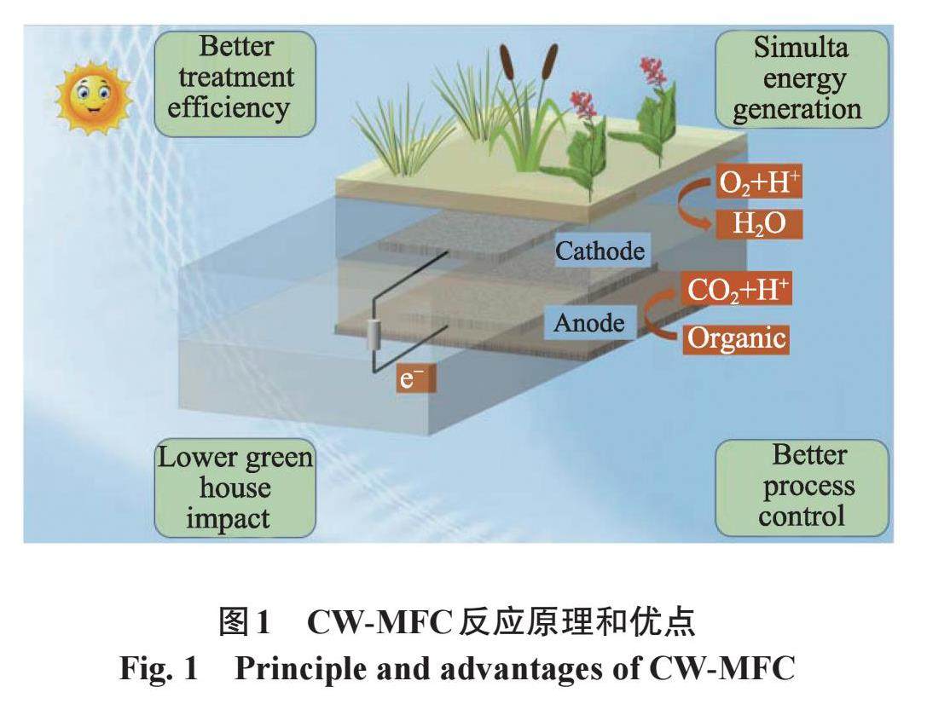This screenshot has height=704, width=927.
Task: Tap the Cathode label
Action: [x=600, y=251]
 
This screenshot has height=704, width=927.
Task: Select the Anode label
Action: [x=589, y=323]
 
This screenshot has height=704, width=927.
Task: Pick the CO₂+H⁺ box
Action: [x=739, y=291]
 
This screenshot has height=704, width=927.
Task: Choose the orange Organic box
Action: [x=736, y=338]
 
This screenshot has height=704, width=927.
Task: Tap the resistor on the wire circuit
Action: [x=372, y=335]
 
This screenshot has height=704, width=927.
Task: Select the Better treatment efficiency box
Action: [x=235, y=78]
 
